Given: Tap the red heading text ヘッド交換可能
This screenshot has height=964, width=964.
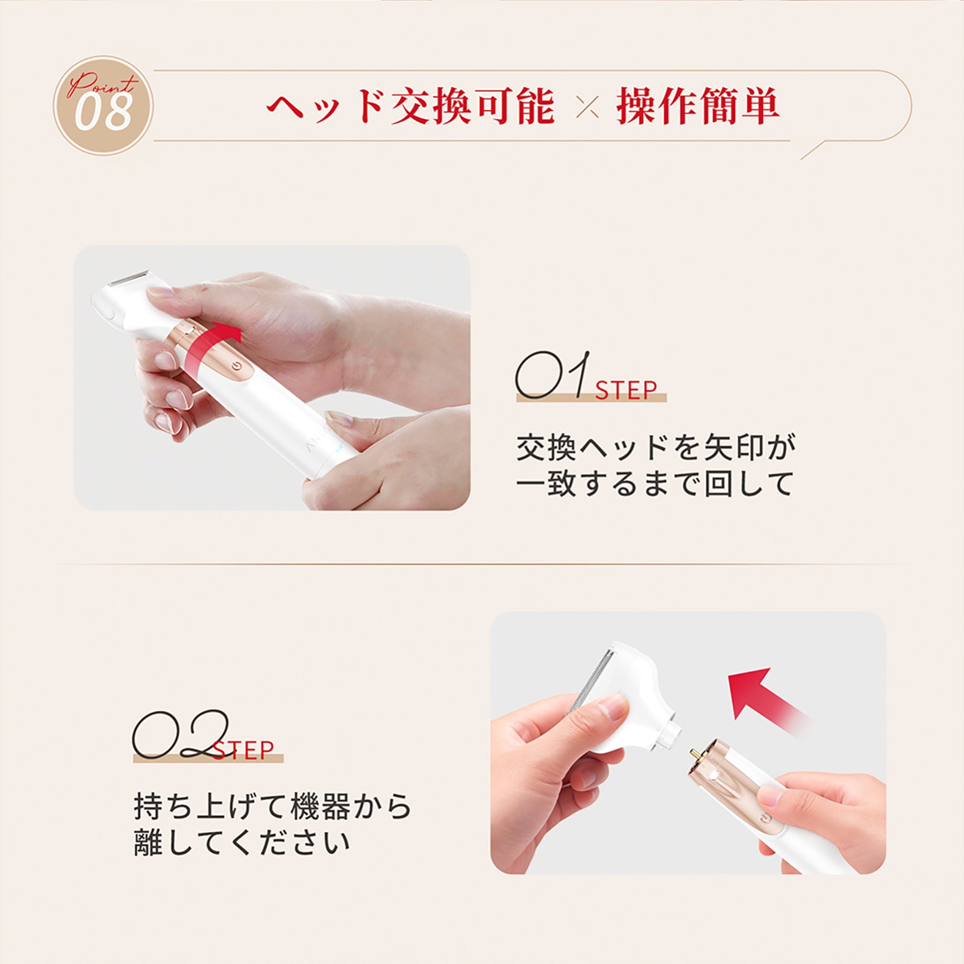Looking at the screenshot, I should click(x=410, y=108).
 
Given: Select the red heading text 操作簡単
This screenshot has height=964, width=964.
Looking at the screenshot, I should click(x=698, y=107).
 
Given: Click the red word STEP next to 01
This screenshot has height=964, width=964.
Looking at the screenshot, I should click(x=626, y=391).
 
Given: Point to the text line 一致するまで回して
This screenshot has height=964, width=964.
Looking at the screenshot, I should click(x=655, y=484).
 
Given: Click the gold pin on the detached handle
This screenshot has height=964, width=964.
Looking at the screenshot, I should click(x=694, y=754).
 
